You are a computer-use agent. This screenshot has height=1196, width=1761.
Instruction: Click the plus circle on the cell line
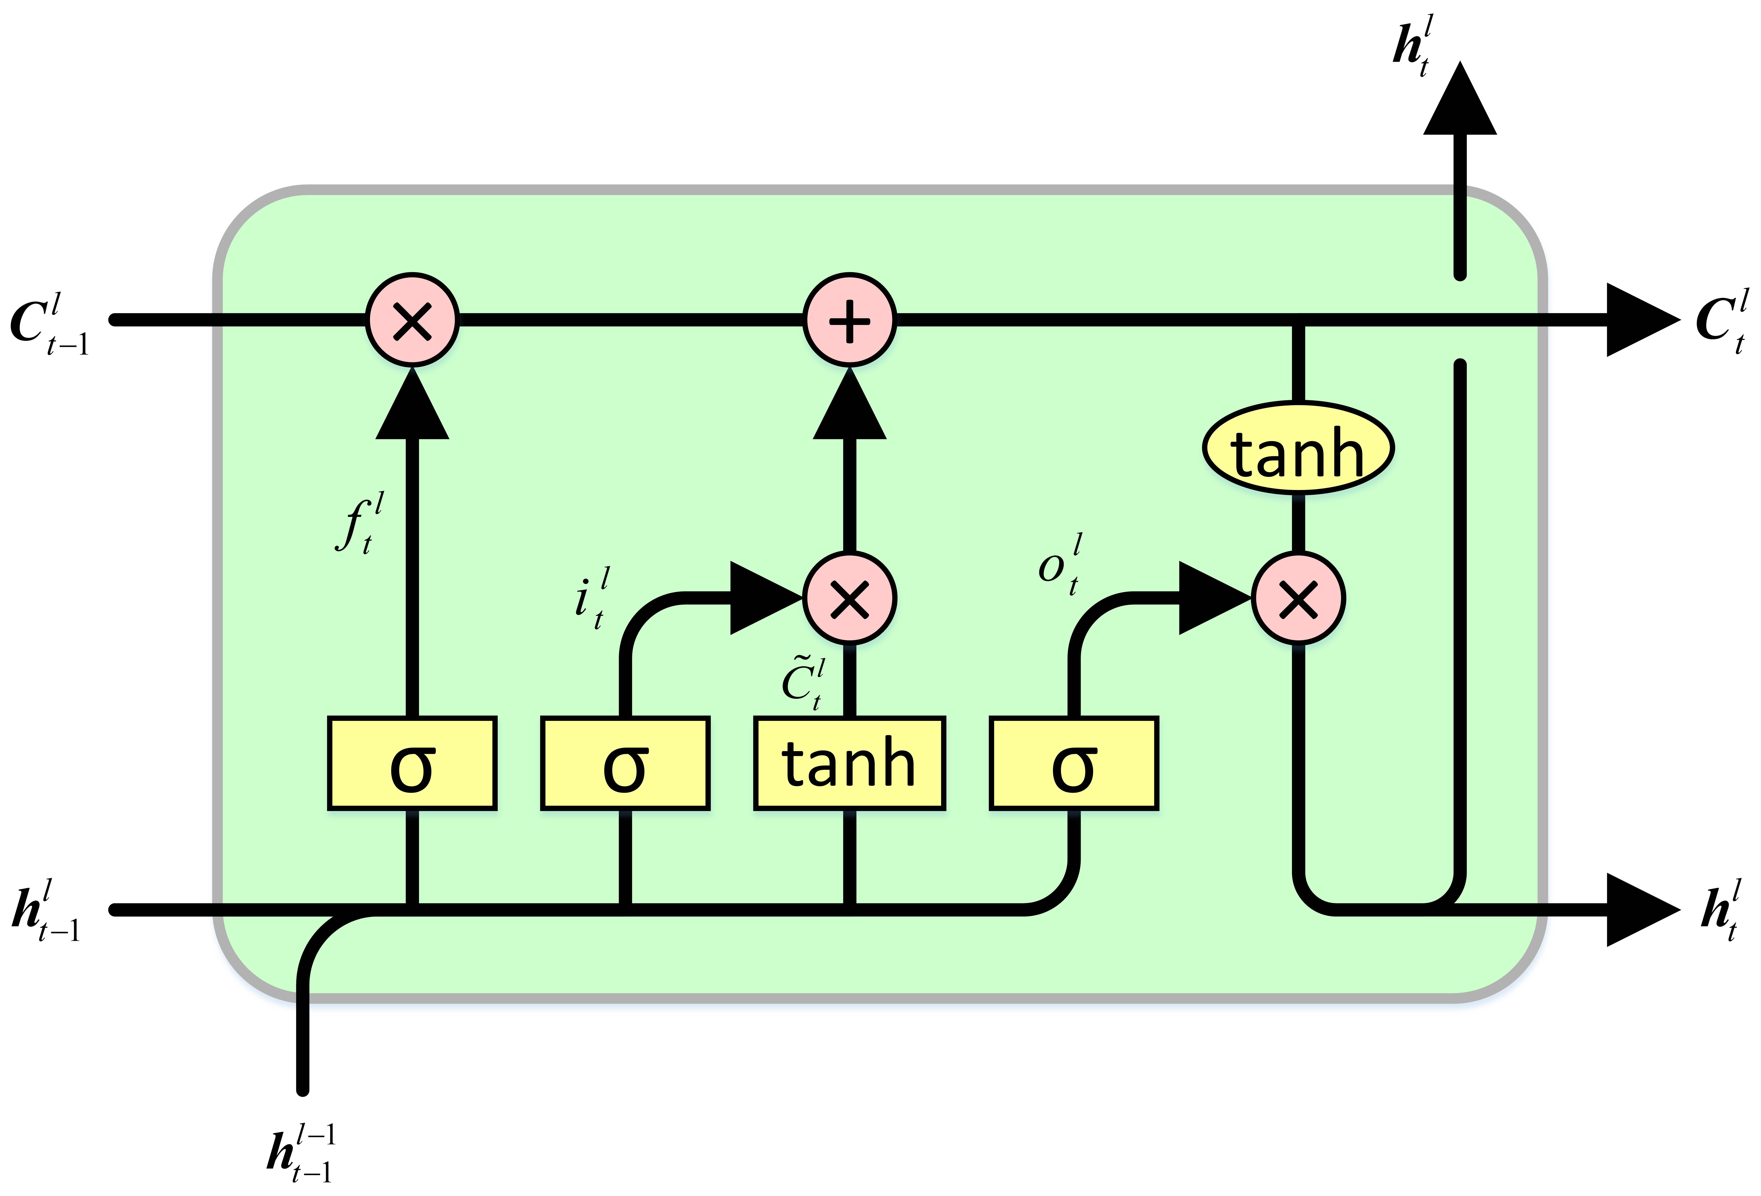pos(849,320)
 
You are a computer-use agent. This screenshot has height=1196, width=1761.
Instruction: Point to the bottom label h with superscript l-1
pos(301,1154)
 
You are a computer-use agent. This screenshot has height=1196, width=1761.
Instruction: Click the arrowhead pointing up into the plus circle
pos(849,405)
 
